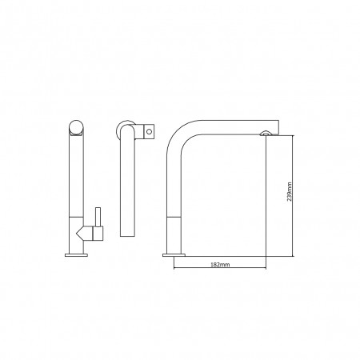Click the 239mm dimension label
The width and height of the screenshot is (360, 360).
(x=290, y=192)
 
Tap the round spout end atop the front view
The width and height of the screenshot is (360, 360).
(x=76, y=127)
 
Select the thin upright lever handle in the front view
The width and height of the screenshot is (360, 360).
(x=98, y=217)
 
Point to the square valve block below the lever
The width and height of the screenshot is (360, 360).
(x=98, y=234)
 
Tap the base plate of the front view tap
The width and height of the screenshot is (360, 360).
(x=76, y=255)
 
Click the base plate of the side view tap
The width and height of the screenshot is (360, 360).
(x=174, y=255)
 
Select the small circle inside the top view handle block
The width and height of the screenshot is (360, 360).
(x=150, y=131)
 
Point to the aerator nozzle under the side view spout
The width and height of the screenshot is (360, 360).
(x=264, y=134)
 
